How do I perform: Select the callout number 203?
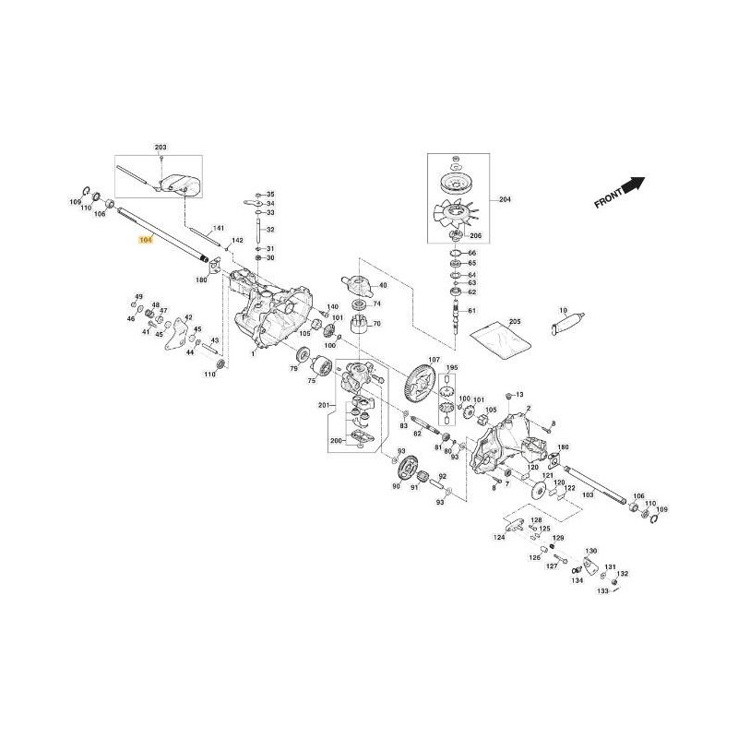[161, 149]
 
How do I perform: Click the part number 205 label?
[515, 321]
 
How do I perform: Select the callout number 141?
[220, 228]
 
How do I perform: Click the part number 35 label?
[270, 195]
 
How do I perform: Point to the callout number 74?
[377, 304]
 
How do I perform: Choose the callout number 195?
[452, 369]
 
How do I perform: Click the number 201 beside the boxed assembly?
[323, 405]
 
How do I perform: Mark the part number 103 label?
[587, 495]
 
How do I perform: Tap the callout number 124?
[499, 537]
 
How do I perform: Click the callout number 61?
[472, 311]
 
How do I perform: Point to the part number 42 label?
[188, 318]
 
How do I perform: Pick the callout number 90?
[397, 486]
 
